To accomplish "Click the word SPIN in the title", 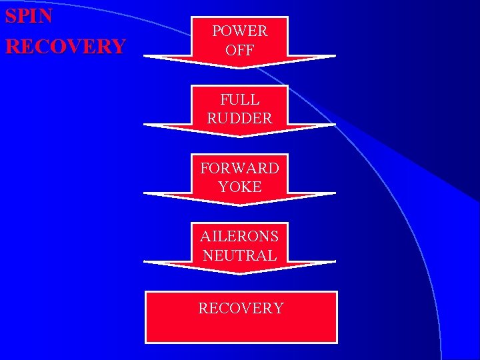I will [29, 16].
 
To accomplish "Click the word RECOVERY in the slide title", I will [65, 46].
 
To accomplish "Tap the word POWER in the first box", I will [239, 31].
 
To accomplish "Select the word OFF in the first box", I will [239, 49].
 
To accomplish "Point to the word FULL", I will [239, 99].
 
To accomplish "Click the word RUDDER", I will [239, 118].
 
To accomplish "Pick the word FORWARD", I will [239, 167].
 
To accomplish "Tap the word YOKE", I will [239, 187].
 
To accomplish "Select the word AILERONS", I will [239, 236].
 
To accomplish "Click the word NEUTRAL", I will [239, 255].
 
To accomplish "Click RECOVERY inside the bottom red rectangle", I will [241, 308].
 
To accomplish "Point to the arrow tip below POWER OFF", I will [240, 67].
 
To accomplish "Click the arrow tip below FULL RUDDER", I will [240, 136].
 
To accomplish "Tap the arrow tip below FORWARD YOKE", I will [240, 205].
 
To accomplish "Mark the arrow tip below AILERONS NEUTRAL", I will [240, 273].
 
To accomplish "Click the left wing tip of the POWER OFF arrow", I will [145, 57].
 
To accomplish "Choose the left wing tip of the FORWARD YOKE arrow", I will [145, 194].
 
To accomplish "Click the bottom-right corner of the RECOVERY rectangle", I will [337, 342].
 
